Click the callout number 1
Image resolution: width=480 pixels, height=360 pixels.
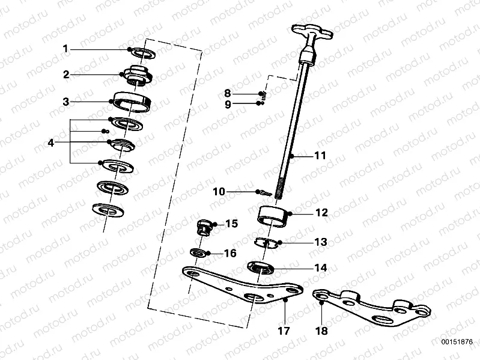coord(67,49)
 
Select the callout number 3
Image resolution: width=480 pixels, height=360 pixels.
coord(67,102)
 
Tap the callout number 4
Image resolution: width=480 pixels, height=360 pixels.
coord(51,142)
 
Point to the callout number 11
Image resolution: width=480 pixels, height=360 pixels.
coord(320,156)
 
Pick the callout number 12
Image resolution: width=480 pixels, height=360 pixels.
coord(321,213)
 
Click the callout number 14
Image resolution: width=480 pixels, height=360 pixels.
coord(320,268)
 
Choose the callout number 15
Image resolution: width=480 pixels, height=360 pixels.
coord(231,224)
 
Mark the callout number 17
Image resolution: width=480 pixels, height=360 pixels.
coord(284,331)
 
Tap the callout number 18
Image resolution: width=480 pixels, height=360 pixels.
coord(322,331)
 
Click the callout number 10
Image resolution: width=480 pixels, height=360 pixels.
coord(219,192)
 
